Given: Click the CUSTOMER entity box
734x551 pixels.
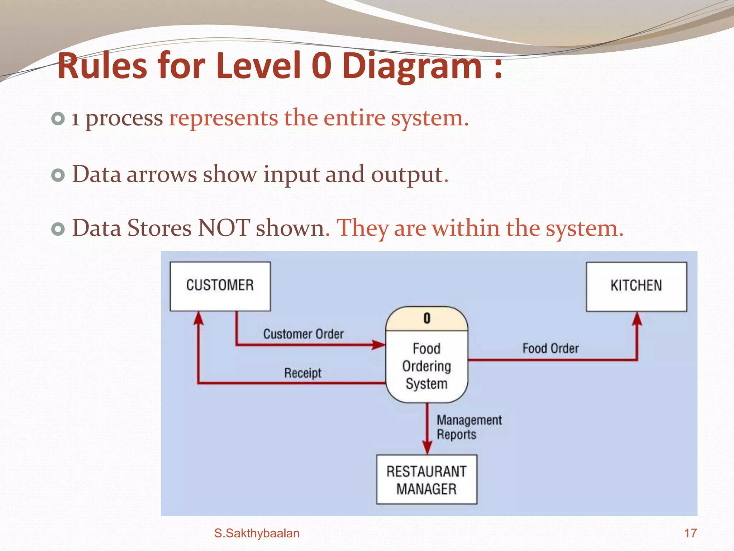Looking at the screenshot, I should click(x=220, y=286).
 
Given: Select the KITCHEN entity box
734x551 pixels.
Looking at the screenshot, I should click(x=636, y=286).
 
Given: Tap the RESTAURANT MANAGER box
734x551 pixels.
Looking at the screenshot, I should click(x=426, y=480).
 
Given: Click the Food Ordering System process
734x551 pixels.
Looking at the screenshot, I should click(x=426, y=366).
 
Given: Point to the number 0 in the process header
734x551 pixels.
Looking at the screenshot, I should click(x=427, y=319).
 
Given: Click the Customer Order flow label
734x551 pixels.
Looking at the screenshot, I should click(x=303, y=334).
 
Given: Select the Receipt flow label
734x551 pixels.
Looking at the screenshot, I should click(x=302, y=373).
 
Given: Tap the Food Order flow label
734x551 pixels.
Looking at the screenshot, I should click(x=550, y=348).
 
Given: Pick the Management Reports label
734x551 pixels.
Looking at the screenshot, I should click(x=469, y=427).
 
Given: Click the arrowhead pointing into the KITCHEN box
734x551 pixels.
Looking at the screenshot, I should click(x=637, y=319).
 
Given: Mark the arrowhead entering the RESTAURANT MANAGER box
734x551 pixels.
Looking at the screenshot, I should click(x=427, y=448).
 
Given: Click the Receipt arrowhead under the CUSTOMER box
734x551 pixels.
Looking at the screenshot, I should click(x=198, y=318).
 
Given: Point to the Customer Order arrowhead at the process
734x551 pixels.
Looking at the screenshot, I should click(x=378, y=345).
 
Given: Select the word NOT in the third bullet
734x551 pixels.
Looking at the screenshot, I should click(x=224, y=228).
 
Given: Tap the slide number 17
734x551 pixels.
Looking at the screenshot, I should click(x=690, y=533).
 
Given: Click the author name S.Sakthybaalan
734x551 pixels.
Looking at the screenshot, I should click(x=257, y=533).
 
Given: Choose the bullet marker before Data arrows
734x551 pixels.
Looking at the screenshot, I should click(x=58, y=175).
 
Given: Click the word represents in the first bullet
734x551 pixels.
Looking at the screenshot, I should click(x=223, y=118).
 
